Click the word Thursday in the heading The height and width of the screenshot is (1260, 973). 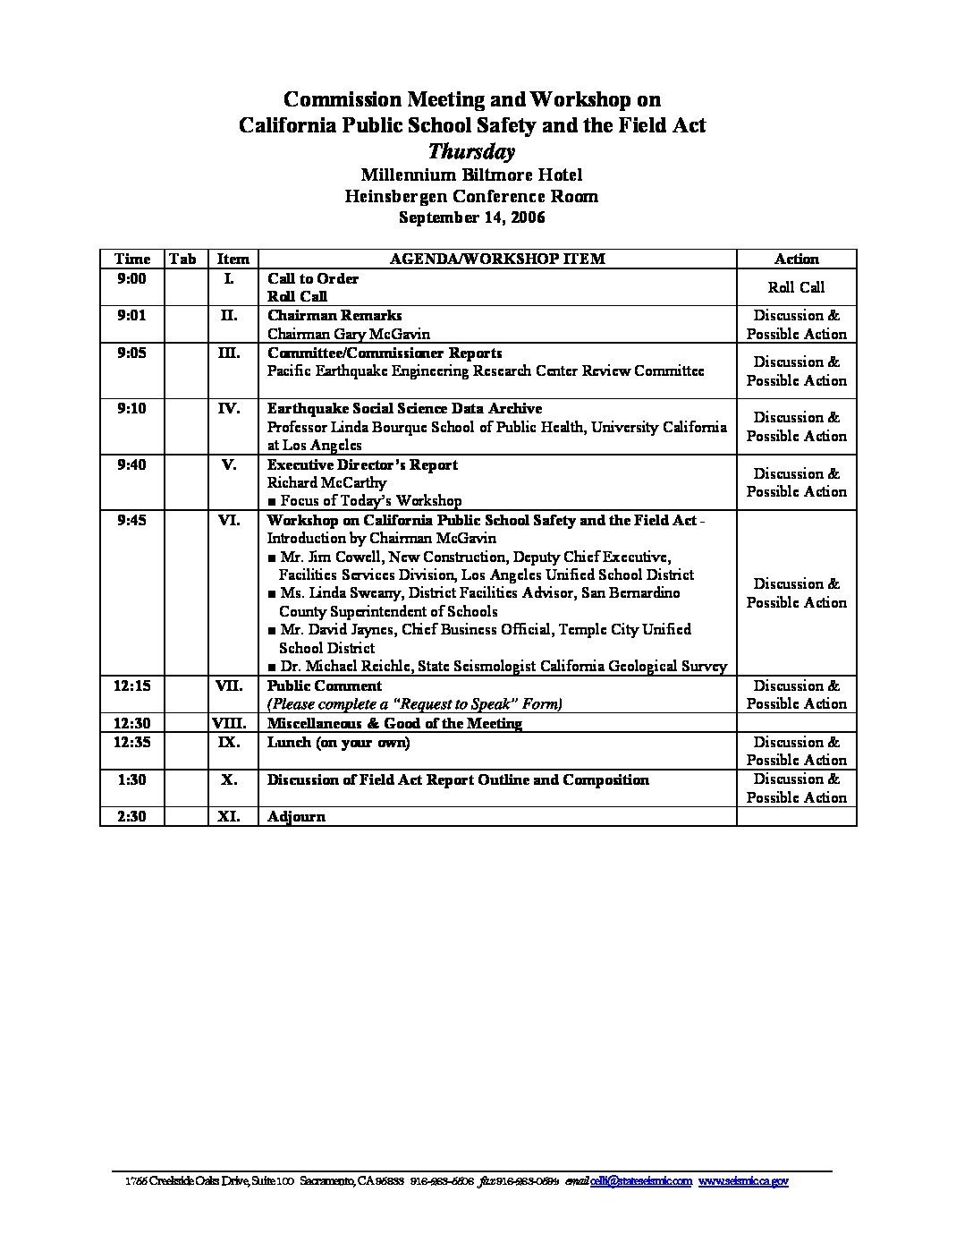point(471,150)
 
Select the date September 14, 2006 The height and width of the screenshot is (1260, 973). point(471,217)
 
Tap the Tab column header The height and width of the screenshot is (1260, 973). point(182,259)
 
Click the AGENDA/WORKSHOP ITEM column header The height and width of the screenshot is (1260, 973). point(497,259)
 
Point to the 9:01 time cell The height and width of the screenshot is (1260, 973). point(131,315)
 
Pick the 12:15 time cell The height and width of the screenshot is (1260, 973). point(131,685)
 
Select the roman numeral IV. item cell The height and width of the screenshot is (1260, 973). point(229,408)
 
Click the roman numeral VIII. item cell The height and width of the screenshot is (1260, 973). point(229,723)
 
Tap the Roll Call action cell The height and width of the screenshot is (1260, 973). point(796,287)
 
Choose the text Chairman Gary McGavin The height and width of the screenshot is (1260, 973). point(349,334)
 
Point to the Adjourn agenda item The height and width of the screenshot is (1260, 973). point(296,816)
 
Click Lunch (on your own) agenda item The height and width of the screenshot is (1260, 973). point(338,742)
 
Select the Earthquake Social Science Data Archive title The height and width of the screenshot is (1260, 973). point(404,408)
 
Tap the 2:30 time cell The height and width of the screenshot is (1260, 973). point(131,816)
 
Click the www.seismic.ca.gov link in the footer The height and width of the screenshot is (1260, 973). point(743,1181)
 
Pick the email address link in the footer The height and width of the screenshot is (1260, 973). point(641,1181)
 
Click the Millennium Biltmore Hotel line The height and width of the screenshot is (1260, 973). point(471,175)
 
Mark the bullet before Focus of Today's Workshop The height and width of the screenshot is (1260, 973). point(272,501)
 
